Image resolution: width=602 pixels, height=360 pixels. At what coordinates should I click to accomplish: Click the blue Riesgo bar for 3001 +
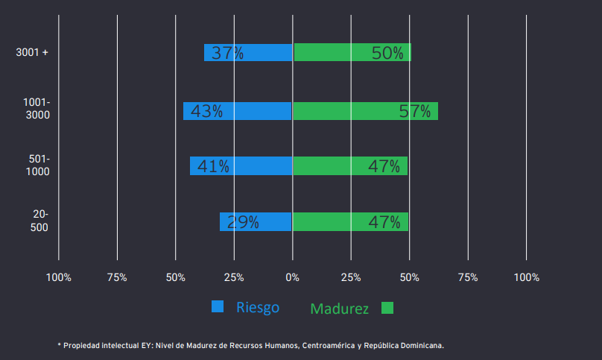248,53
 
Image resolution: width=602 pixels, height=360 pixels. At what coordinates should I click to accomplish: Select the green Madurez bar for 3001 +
352,53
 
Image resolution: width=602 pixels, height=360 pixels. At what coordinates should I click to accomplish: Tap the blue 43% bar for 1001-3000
237,111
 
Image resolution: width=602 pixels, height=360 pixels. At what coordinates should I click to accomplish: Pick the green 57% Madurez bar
365,111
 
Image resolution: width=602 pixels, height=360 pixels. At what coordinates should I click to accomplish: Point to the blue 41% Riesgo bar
241,166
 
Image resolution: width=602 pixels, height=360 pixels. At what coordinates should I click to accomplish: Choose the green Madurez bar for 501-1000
350,166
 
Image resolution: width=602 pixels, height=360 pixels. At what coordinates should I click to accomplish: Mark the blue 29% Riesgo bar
255,221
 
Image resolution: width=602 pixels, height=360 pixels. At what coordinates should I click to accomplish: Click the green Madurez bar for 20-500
350,221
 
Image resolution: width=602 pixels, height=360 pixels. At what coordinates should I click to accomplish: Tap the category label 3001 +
32,52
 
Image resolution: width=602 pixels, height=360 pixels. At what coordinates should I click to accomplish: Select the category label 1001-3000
37,109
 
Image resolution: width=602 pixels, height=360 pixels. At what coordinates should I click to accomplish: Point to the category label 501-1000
37,165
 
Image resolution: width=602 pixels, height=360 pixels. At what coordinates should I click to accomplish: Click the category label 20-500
40,221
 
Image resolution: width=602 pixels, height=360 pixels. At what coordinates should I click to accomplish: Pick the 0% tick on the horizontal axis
292,277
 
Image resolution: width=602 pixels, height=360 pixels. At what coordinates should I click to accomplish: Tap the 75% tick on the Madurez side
468,277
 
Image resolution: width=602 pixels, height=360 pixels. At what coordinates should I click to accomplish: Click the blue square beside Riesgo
218,306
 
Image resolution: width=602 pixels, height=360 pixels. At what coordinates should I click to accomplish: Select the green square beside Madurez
387,308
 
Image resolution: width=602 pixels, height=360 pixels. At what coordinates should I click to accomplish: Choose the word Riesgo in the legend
258,307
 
